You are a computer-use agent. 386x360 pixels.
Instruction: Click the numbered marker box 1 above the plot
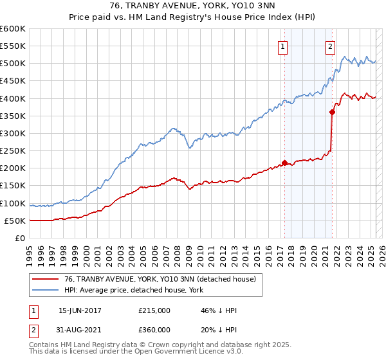tap(284, 46)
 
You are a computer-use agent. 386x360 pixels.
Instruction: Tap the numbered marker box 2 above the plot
tap(330, 46)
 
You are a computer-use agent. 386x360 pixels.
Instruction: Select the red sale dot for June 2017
tap(284, 163)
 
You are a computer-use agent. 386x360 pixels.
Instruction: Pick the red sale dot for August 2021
tap(333, 112)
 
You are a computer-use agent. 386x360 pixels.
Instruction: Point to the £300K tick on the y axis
tap(14, 133)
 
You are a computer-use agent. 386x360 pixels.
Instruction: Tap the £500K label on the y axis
tap(14, 64)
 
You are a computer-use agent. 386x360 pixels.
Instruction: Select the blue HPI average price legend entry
tap(133, 291)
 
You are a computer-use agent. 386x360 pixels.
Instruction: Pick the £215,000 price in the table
tap(154, 310)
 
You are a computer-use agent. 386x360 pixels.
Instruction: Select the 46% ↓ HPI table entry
tap(219, 310)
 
